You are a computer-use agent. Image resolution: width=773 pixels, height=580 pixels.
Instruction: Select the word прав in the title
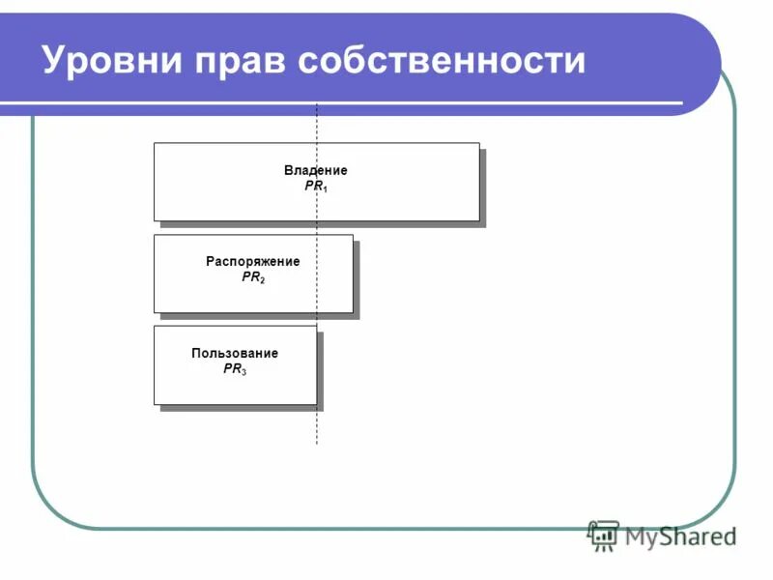point(242,60)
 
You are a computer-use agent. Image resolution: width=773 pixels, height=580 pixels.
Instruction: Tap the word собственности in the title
point(442,60)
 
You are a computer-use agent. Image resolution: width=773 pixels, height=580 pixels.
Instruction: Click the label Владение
point(315,170)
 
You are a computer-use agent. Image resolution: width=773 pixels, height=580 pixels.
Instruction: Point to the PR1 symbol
point(316,186)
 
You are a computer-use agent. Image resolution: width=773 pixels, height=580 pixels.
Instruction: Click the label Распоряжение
point(252,261)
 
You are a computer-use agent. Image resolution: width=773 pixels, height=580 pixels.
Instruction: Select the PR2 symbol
point(252,277)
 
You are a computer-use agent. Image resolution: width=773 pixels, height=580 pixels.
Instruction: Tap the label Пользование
point(235,353)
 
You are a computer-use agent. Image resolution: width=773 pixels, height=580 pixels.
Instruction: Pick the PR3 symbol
point(235,368)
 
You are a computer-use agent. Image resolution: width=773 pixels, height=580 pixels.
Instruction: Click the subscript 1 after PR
point(326,188)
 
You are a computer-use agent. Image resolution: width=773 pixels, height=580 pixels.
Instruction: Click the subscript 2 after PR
point(262,280)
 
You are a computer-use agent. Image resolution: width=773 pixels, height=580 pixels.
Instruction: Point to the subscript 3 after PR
point(243,371)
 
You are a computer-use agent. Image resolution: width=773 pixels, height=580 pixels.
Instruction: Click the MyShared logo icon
point(603,535)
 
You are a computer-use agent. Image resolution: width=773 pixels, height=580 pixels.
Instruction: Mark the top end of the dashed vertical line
point(317,104)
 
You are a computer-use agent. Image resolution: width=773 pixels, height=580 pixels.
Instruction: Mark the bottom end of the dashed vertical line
point(317,444)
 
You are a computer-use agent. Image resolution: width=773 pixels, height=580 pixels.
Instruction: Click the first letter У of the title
point(54,60)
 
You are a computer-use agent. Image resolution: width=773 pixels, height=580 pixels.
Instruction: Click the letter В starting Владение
point(288,170)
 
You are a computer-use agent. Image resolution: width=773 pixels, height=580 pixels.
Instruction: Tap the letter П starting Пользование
point(196,353)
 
